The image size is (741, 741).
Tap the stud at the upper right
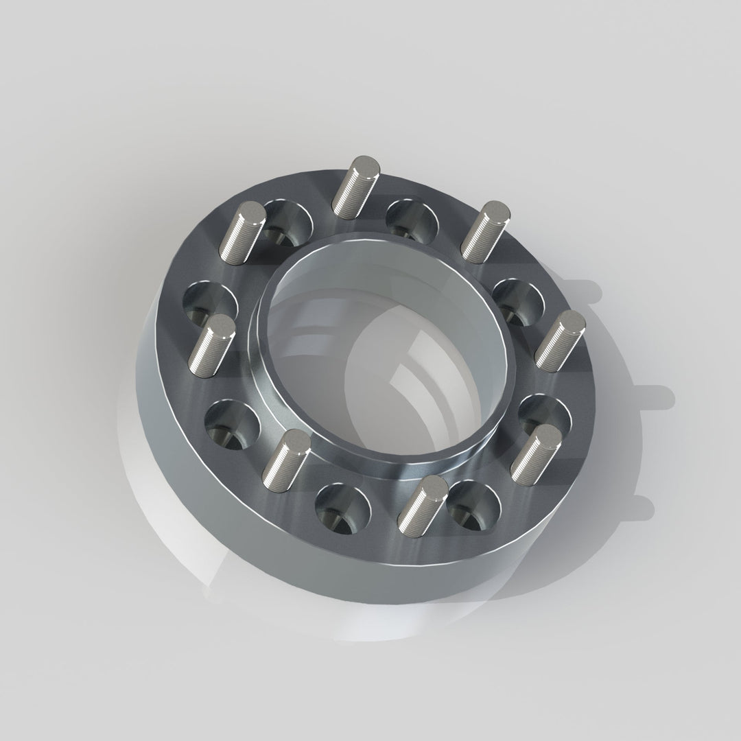pyautogui.click(x=484, y=227)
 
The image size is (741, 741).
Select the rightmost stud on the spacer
pyautogui.click(x=560, y=338)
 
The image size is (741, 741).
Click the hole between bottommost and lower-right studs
pyautogui.click(x=473, y=506)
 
